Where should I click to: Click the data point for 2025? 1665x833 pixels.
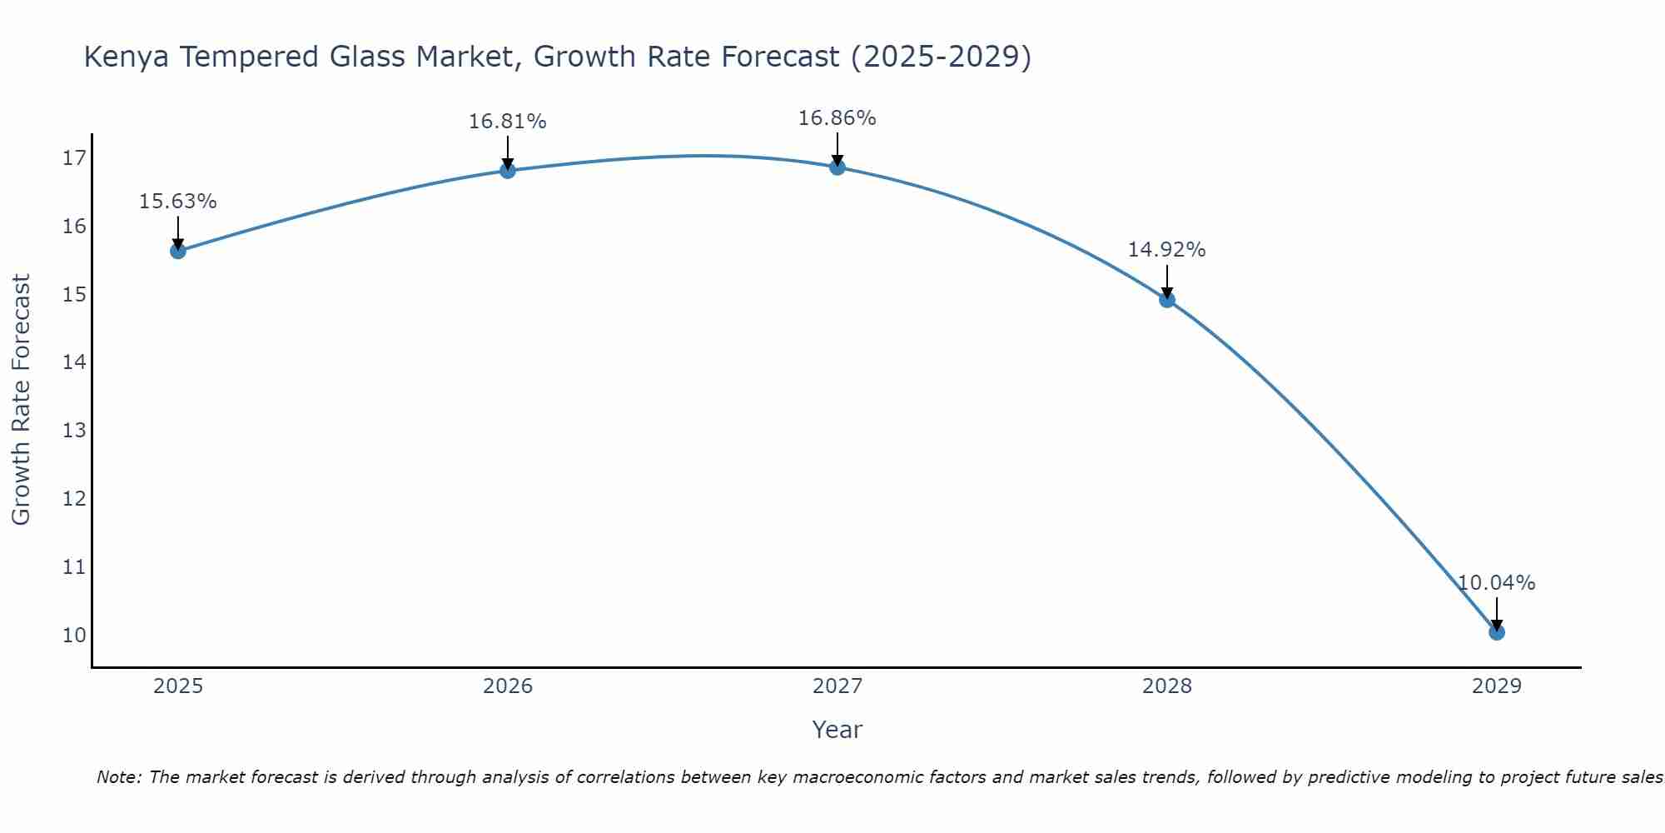point(178,251)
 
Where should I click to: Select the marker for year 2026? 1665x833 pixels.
point(508,171)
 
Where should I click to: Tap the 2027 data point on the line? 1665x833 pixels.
point(837,167)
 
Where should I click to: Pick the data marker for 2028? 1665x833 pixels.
point(1167,300)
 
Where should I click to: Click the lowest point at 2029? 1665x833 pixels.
point(1497,632)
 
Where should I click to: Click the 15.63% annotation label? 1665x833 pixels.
point(177,202)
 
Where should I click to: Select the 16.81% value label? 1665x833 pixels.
point(507,122)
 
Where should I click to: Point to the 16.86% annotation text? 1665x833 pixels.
point(837,118)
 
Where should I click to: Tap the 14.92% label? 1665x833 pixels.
point(1166,250)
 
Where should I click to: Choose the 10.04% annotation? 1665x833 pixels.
point(1496,583)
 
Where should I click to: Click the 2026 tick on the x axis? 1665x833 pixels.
point(508,686)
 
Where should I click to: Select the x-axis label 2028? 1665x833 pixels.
point(1167,686)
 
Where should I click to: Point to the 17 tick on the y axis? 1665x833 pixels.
point(74,158)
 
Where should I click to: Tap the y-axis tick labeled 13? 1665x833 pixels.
point(74,431)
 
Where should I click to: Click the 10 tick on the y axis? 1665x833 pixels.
point(74,636)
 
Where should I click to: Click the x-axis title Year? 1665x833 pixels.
point(837,730)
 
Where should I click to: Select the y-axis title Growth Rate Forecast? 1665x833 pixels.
point(22,400)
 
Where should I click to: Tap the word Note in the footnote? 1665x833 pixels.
point(119,778)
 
